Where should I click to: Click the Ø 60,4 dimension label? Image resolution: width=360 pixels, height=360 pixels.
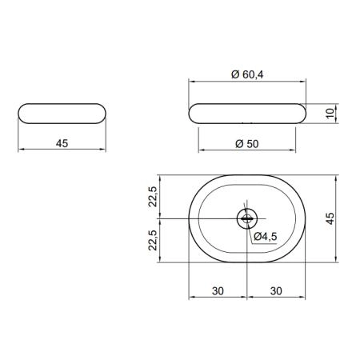[x=247, y=74]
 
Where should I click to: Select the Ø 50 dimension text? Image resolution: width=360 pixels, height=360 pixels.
[x=247, y=144]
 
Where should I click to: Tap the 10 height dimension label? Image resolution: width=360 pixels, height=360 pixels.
[x=330, y=113]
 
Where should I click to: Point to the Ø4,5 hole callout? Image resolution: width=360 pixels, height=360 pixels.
[x=266, y=236]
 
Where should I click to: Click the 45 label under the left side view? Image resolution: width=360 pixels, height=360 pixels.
[x=62, y=143]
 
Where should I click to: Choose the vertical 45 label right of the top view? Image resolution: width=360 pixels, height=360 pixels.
[x=330, y=218]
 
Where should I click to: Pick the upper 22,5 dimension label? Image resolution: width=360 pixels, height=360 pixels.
[x=153, y=197]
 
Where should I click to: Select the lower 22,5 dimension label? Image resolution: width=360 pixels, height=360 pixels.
[x=153, y=240]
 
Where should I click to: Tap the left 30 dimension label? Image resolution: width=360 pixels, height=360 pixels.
[x=218, y=291]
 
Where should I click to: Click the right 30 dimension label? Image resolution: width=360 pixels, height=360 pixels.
[x=276, y=291]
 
